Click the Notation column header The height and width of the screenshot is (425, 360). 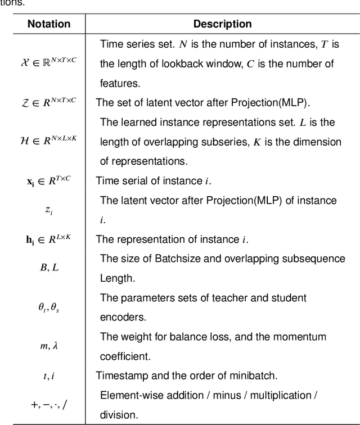click(49, 24)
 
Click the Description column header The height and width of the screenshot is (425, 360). click(222, 24)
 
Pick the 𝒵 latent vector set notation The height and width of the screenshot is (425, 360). click(49, 102)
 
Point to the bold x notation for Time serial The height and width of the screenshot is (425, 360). click(49, 181)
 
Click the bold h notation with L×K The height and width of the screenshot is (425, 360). click(49, 239)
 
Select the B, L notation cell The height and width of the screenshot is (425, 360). click(49, 268)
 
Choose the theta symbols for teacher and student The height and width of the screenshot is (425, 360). click(49, 308)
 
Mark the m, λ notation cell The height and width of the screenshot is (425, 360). click(49, 346)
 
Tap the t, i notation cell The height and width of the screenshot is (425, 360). click(49, 376)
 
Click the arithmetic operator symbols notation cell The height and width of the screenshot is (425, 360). click(49, 404)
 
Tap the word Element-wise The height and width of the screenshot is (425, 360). click(129, 395)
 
